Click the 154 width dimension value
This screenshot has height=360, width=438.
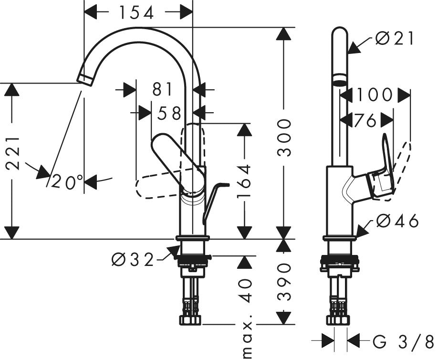[x=136, y=12]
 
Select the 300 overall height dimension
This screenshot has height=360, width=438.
[x=284, y=137]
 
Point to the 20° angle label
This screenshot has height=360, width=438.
[x=67, y=182]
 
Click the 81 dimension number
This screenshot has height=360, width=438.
[x=163, y=89]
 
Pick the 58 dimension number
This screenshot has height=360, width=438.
[x=169, y=113]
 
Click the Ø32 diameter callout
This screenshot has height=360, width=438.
[x=133, y=260]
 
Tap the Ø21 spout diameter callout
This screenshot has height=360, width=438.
[x=395, y=38]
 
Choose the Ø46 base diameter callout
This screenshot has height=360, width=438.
[x=397, y=221]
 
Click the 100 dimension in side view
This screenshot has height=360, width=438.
[x=375, y=95]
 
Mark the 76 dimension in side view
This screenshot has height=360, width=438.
[x=365, y=120]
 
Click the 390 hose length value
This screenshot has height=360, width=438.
[x=284, y=282]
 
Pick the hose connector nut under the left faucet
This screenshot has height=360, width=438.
[x=190, y=320]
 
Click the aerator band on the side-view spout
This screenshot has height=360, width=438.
[x=340, y=77]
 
